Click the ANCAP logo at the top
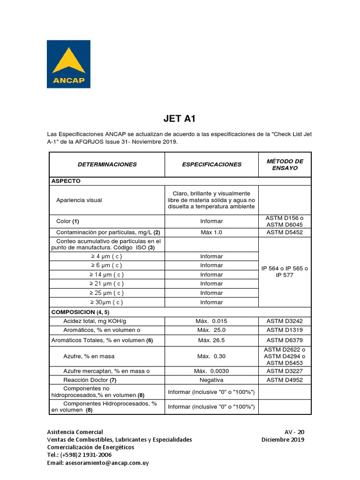tap(68, 64)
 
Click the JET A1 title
tap(180, 118)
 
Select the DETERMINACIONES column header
tap(107, 165)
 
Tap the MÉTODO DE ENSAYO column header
tap(285, 165)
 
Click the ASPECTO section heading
tap(66, 181)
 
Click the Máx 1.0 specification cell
tap(211, 232)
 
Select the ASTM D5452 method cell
tap(285, 232)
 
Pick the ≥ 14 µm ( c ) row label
tap(107, 275)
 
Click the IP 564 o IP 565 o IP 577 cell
tap(285, 272)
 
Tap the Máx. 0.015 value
tap(211, 321)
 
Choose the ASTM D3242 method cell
tap(285, 321)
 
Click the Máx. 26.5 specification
tap(211, 340)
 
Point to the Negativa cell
tap(211, 380)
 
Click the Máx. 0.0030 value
tap(211, 371)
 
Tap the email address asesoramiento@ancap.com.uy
tap(98, 463)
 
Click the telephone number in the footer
tap(79, 455)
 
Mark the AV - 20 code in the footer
tap(294, 432)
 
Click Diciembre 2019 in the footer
tap(283, 440)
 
